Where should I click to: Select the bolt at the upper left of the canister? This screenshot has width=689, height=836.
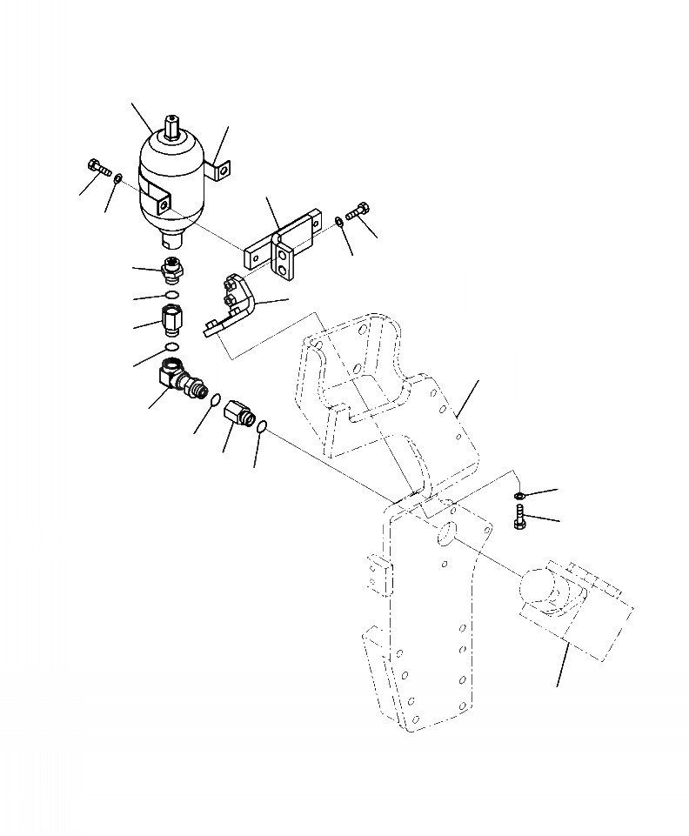click(97, 167)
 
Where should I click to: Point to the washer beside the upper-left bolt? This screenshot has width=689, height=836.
click(118, 180)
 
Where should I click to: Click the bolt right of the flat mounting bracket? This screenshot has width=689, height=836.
click(360, 212)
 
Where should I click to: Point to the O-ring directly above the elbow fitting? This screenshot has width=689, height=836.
click(173, 351)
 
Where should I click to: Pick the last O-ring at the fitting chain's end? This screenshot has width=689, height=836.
click(263, 428)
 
